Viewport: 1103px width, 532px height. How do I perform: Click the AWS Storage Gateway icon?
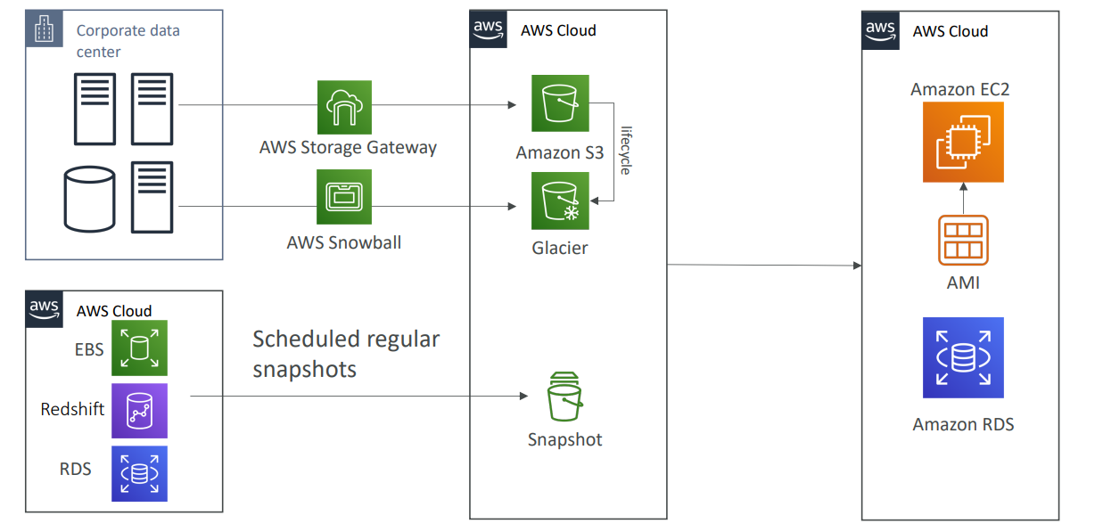click(x=344, y=107)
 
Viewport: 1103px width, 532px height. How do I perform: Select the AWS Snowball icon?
click(x=344, y=197)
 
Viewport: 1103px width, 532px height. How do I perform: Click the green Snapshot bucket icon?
click(x=564, y=397)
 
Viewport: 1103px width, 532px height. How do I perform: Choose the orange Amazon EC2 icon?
click(x=963, y=142)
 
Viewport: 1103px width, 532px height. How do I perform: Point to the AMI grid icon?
click(x=963, y=240)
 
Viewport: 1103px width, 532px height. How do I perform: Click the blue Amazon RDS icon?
click(x=963, y=357)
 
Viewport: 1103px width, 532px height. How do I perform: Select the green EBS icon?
click(x=139, y=348)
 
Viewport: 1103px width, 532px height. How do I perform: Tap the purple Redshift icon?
click(x=139, y=411)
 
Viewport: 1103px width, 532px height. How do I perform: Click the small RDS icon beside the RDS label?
click(x=139, y=473)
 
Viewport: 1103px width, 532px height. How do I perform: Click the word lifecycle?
click(x=625, y=150)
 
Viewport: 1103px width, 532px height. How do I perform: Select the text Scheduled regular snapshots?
click(x=346, y=354)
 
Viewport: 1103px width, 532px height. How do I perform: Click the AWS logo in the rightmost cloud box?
click(x=880, y=29)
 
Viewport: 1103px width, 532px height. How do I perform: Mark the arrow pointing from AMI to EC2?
click(x=963, y=199)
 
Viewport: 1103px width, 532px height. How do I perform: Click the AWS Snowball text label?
click(x=344, y=242)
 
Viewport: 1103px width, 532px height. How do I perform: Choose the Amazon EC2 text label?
click(x=960, y=89)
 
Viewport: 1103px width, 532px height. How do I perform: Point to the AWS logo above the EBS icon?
click(x=44, y=309)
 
